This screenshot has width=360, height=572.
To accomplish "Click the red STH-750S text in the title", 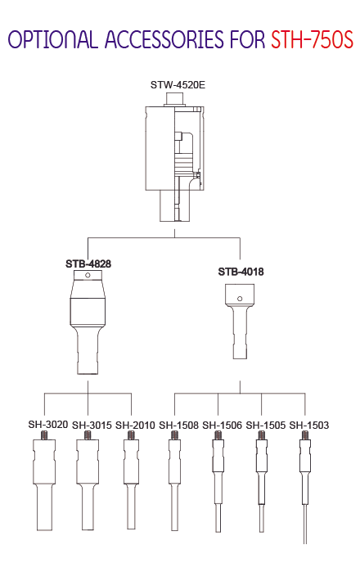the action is click(x=312, y=39).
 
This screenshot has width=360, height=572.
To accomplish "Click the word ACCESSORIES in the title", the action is click(x=164, y=39).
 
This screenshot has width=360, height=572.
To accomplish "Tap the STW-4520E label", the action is click(x=178, y=85).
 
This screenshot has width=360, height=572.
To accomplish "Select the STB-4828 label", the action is click(x=88, y=263).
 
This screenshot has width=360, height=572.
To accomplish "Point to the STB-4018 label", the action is click(x=241, y=272).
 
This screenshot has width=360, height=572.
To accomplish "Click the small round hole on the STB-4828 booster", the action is click(x=88, y=275).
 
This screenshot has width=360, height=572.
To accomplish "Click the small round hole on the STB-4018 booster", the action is click(x=240, y=299).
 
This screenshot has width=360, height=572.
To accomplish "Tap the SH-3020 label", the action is click(x=48, y=425).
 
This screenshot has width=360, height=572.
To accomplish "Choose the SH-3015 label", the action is click(x=92, y=426).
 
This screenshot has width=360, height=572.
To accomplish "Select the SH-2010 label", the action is click(x=135, y=426).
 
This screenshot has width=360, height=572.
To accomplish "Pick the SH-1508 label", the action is click(x=178, y=426).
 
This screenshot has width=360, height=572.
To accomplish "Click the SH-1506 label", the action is click(x=222, y=426).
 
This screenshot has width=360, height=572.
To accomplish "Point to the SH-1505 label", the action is click(x=266, y=426).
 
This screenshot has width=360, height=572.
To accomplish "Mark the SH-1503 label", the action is click(x=309, y=426).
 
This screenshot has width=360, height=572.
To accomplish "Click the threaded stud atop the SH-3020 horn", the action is click(x=44, y=435).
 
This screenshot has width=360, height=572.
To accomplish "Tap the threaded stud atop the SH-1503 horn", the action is click(x=305, y=435).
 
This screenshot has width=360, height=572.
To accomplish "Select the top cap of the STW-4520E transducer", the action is click(x=175, y=99).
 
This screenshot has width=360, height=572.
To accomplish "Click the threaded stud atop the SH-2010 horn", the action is click(x=131, y=435).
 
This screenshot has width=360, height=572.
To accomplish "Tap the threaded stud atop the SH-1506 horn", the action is click(x=218, y=435).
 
